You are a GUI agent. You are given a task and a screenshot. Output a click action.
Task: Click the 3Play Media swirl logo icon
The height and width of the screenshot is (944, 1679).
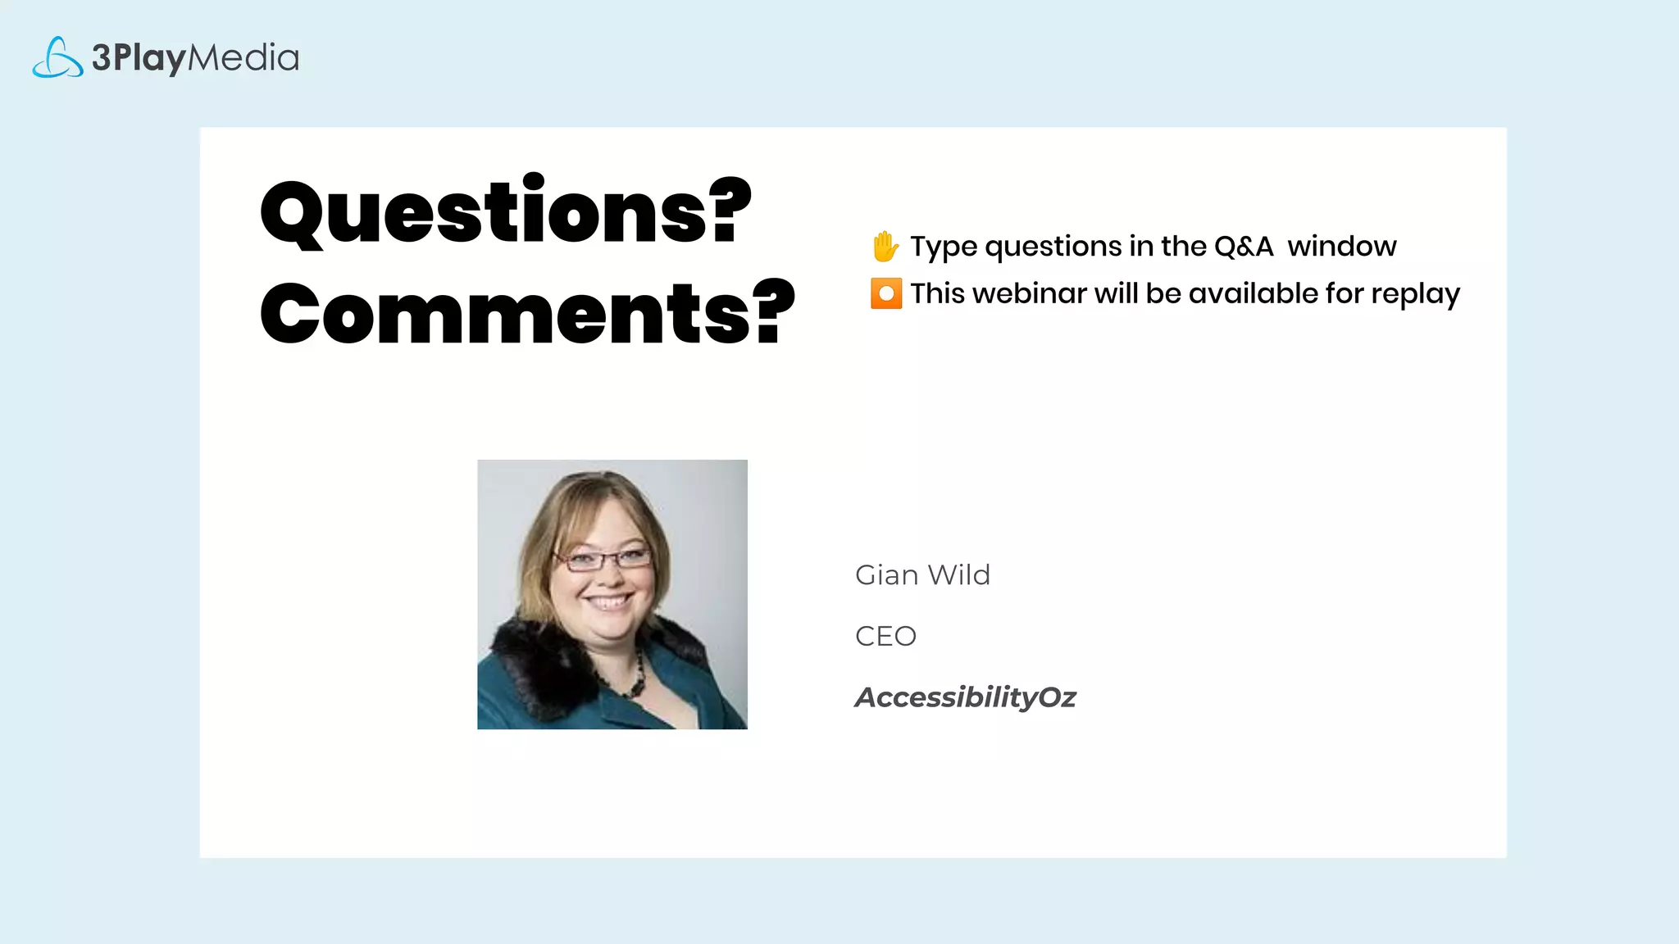(x=57, y=57)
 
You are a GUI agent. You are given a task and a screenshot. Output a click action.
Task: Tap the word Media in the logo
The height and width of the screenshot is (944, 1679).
(x=243, y=57)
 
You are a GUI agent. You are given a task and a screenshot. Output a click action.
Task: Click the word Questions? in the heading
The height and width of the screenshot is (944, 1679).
(x=505, y=211)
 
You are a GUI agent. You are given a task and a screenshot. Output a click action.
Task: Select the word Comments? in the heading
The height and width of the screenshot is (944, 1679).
(x=527, y=313)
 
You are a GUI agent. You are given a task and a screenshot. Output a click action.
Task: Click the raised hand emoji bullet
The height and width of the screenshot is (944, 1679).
(x=885, y=246)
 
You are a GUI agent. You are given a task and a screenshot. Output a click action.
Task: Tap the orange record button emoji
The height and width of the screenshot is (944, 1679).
(x=886, y=293)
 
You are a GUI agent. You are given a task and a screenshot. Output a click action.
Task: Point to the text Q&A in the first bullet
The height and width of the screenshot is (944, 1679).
(x=1244, y=246)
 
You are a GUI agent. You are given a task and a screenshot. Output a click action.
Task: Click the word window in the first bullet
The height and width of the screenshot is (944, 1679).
(x=1342, y=246)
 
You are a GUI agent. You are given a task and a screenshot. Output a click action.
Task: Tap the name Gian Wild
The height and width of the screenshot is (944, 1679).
(x=922, y=575)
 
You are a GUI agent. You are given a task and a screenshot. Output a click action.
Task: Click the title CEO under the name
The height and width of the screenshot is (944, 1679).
(x=885, y=636)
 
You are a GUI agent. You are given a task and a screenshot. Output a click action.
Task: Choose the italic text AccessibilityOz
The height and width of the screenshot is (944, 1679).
(x=965, y=697)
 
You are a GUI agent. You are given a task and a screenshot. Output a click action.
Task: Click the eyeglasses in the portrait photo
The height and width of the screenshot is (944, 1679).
(x=603, y=560)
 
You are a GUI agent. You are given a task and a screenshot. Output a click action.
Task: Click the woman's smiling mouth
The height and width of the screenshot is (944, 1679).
(x=607, y=601)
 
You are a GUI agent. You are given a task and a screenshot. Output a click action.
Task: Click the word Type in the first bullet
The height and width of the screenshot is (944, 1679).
(x=944, y=246)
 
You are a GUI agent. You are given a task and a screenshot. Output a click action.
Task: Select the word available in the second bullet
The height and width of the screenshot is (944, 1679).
(x=1253, y=293)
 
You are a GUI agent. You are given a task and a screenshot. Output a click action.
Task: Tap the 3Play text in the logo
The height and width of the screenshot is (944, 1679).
(x=139, y=57)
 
